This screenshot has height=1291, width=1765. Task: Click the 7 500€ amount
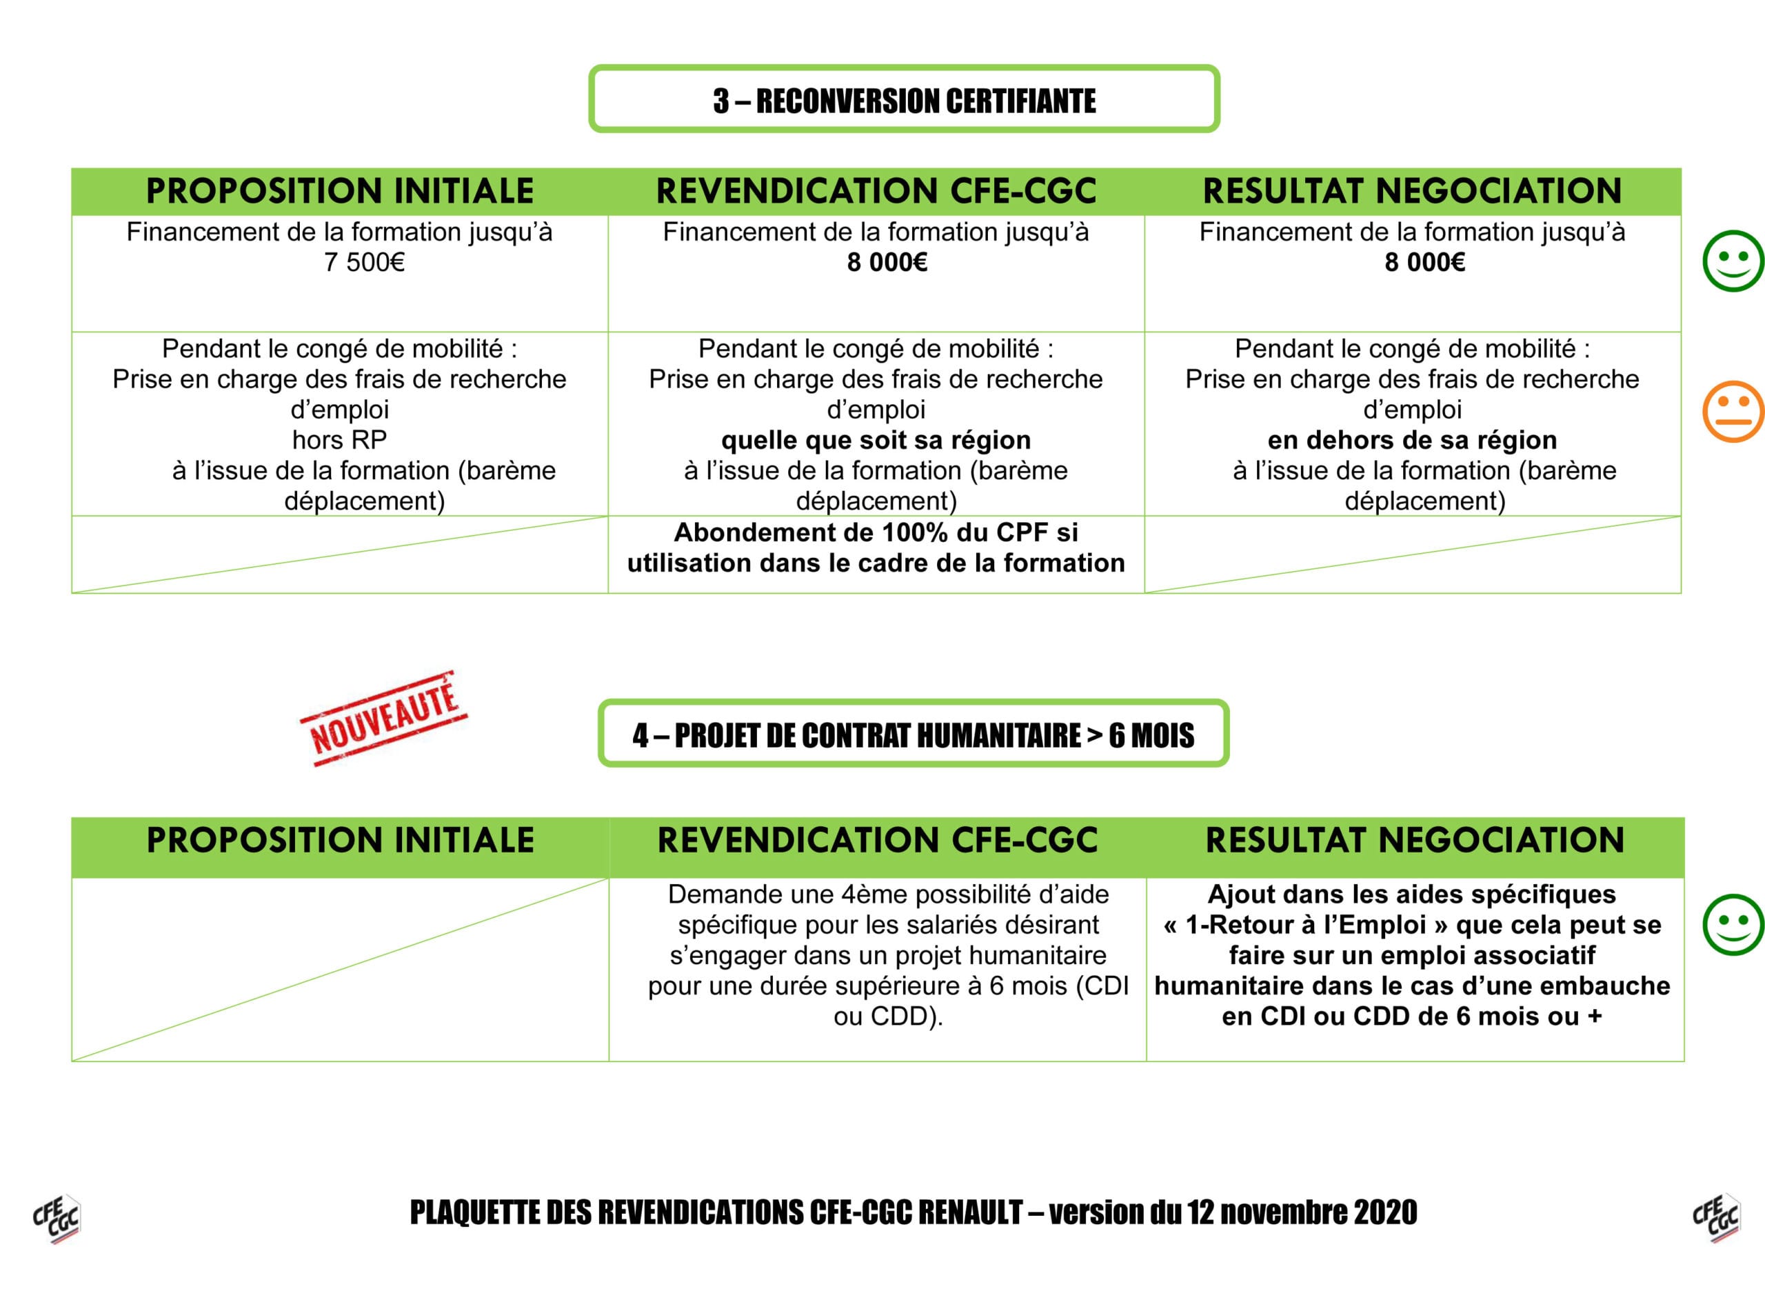click(364, 263)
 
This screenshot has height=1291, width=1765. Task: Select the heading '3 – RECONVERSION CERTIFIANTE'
click(904, 101)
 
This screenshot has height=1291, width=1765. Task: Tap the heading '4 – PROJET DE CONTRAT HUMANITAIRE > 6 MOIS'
click(913, 735)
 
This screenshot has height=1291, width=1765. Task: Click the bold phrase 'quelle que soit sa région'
click(876, 441)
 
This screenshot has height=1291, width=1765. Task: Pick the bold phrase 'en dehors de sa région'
click(1412, 441)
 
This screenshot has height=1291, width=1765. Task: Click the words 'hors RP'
click(339, 440)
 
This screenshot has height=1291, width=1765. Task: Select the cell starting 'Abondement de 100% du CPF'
click(876, 548)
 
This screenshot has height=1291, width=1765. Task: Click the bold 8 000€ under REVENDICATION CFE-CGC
click(887, 263)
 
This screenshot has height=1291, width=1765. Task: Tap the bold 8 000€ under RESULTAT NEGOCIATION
click(1424, 263)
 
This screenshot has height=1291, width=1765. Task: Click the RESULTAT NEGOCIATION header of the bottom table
click(1415, 840)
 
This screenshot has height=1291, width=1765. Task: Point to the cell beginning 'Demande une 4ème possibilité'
click(887, 955)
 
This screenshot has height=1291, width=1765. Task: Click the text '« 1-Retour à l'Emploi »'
click(1305, 925)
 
